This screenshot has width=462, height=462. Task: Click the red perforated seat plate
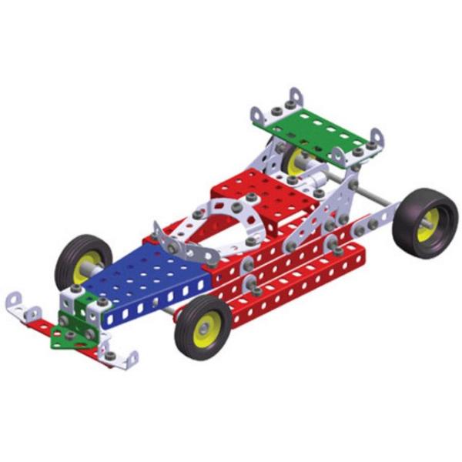tap(254, 189)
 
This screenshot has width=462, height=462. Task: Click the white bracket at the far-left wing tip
tap(20, 306)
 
